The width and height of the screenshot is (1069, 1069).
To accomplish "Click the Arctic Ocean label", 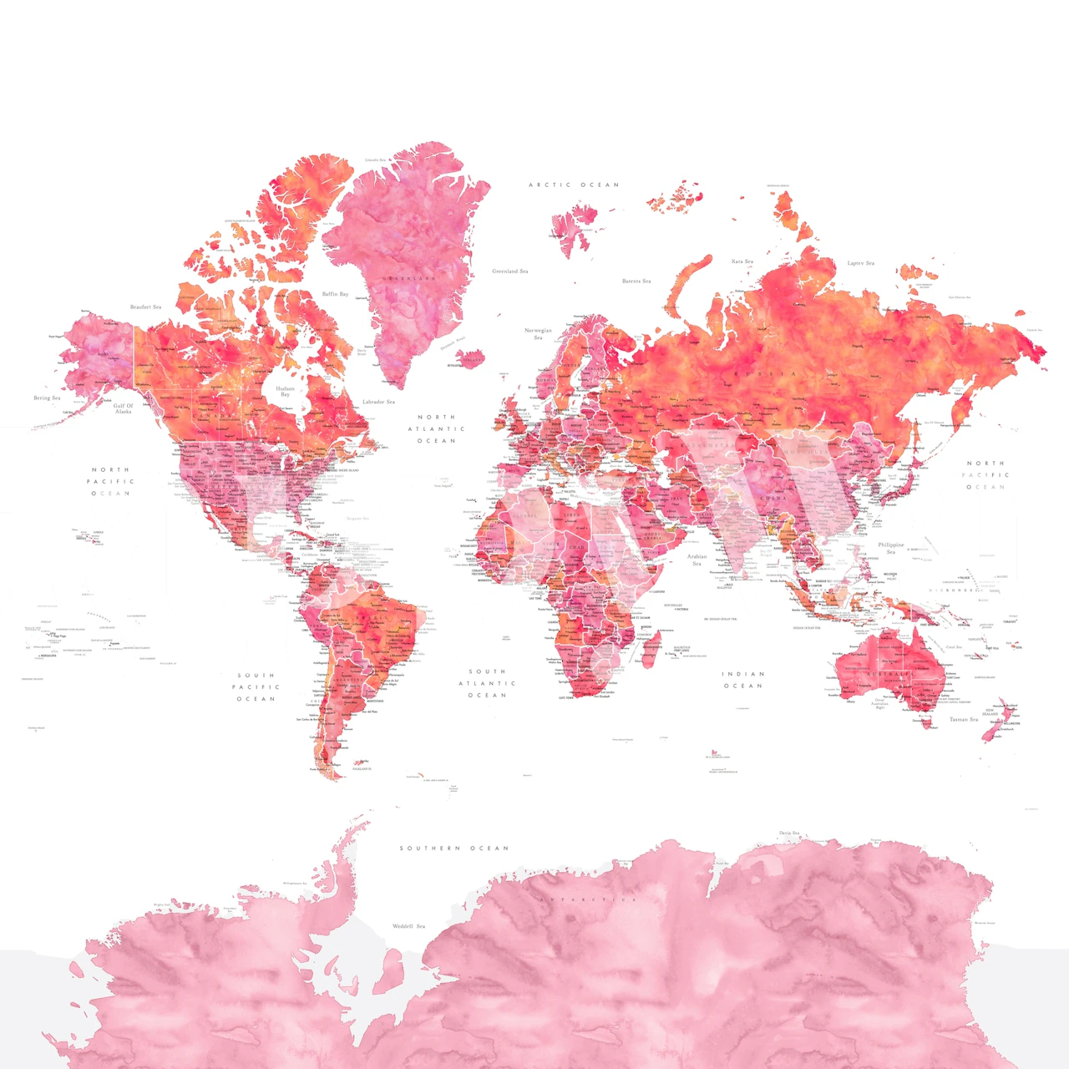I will tap(575, 185).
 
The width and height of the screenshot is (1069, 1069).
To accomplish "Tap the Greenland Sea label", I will tap(509, 271).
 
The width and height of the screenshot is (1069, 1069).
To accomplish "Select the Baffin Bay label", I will tap(335, 294).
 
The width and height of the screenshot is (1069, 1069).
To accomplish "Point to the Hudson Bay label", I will tap(285, 392).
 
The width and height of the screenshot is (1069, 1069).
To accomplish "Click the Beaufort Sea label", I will tap(146, 307).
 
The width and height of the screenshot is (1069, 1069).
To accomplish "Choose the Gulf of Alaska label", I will tap(124, 408).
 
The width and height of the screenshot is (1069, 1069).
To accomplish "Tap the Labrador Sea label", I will tap(378, 402).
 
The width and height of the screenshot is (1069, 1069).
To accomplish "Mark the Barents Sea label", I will tap(636, 281).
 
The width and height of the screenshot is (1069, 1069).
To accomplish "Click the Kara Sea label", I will tap(742, 261).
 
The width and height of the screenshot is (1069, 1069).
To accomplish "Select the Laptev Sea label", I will tap(861, 263).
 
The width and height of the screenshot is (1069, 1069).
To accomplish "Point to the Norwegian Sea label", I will tap(538, 334).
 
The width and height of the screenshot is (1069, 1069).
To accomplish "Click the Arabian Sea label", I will tap(697, 560).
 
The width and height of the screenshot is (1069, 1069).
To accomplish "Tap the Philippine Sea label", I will tap(890, 548).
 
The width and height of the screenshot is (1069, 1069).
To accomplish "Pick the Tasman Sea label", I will tap(963, 719).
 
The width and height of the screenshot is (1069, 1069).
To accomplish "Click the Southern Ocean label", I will tap(453, 849).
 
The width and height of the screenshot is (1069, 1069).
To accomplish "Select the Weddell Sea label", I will tap(409, 926).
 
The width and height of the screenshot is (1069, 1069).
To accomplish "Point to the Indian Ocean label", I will tap(742, 680).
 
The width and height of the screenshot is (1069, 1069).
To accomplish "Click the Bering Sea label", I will tap(47, 398).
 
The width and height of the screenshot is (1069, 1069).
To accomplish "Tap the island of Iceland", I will tap(471, 359).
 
